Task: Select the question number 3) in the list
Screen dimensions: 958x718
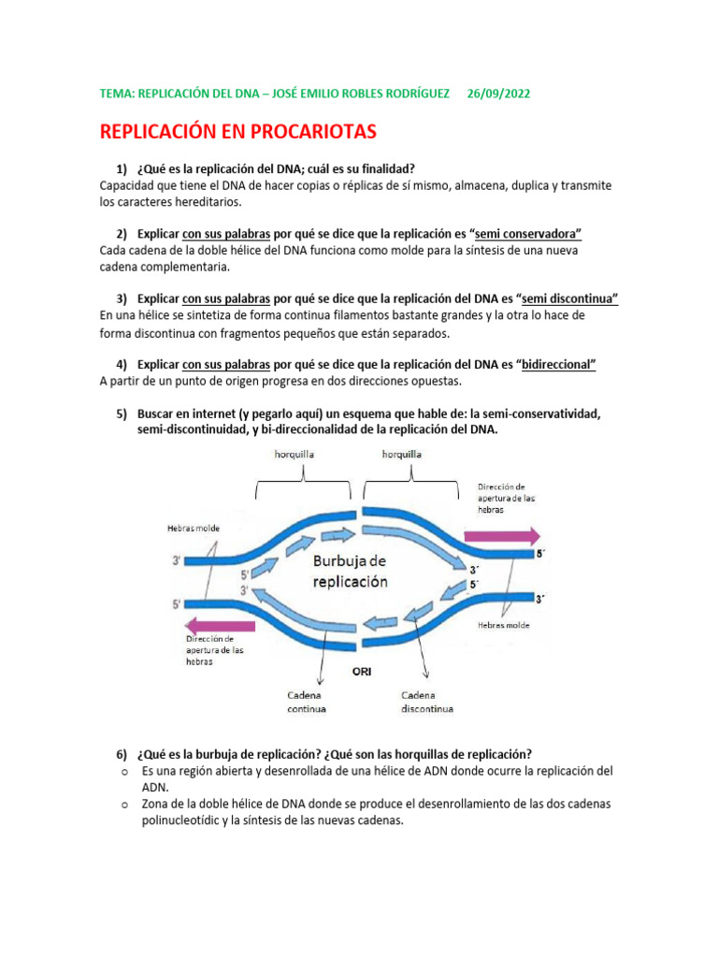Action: click(x=122, y=298)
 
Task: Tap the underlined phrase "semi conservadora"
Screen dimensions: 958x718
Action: click(x=531, y=233)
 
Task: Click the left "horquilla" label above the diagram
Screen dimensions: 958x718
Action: click(x=294, y=454)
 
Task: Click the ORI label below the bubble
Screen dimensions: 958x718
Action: click(x=362, y=671)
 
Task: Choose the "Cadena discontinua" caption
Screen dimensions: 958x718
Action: click(x=427, y=702)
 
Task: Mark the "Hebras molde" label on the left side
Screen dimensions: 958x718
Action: click(x=194, y=529)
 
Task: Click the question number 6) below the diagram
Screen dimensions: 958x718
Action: click(x=122, y=754)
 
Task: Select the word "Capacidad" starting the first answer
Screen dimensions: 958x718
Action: click(x=128, y=185)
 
